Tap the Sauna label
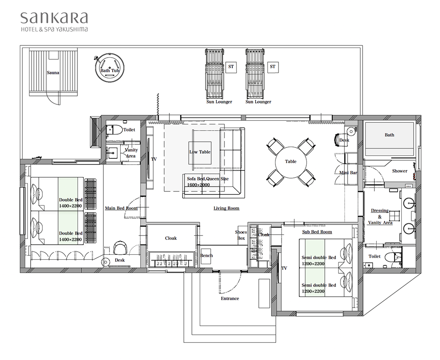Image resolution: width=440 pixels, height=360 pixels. click(53, 73)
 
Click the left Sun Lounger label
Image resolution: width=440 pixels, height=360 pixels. click(219, 102)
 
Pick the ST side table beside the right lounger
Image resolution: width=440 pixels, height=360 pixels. click(273, 67)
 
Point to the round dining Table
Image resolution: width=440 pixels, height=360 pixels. click(290, 162)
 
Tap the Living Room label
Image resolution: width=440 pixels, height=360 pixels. click(227, 208)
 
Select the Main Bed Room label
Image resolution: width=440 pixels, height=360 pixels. click(121, 208)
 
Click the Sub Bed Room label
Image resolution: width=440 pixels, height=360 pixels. click(317, 232)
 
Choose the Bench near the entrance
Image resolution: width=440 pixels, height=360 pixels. click(206, 256)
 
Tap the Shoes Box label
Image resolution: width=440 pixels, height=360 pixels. click(241, 235)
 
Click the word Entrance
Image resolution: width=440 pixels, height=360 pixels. click(230, 298)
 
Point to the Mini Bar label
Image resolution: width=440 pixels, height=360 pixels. click(348, 173)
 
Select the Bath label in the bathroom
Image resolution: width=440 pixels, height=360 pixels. click(389, 135)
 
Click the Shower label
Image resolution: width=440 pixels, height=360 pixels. click(400, 171)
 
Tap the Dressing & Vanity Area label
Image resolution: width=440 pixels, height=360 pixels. click(380, 217)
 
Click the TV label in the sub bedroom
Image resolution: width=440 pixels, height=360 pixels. click(284, 268)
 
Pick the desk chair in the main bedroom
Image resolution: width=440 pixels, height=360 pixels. click(121, 248)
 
